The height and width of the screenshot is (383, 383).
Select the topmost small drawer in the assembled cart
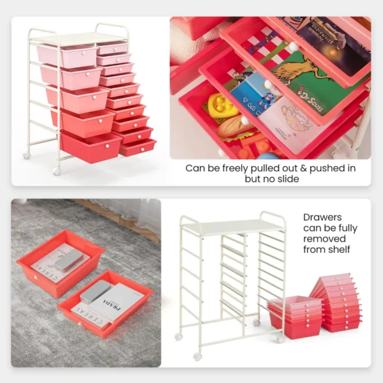tap(112, 49)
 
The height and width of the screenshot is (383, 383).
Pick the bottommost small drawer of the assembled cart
tap(138, 147)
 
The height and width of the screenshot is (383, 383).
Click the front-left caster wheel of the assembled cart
tap(57, 172)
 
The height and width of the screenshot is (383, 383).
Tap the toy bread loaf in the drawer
tap(236, 128)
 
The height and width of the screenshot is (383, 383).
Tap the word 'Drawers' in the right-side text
tap(322, 217)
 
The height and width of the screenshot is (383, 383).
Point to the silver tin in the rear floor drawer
tap(68, 259)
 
